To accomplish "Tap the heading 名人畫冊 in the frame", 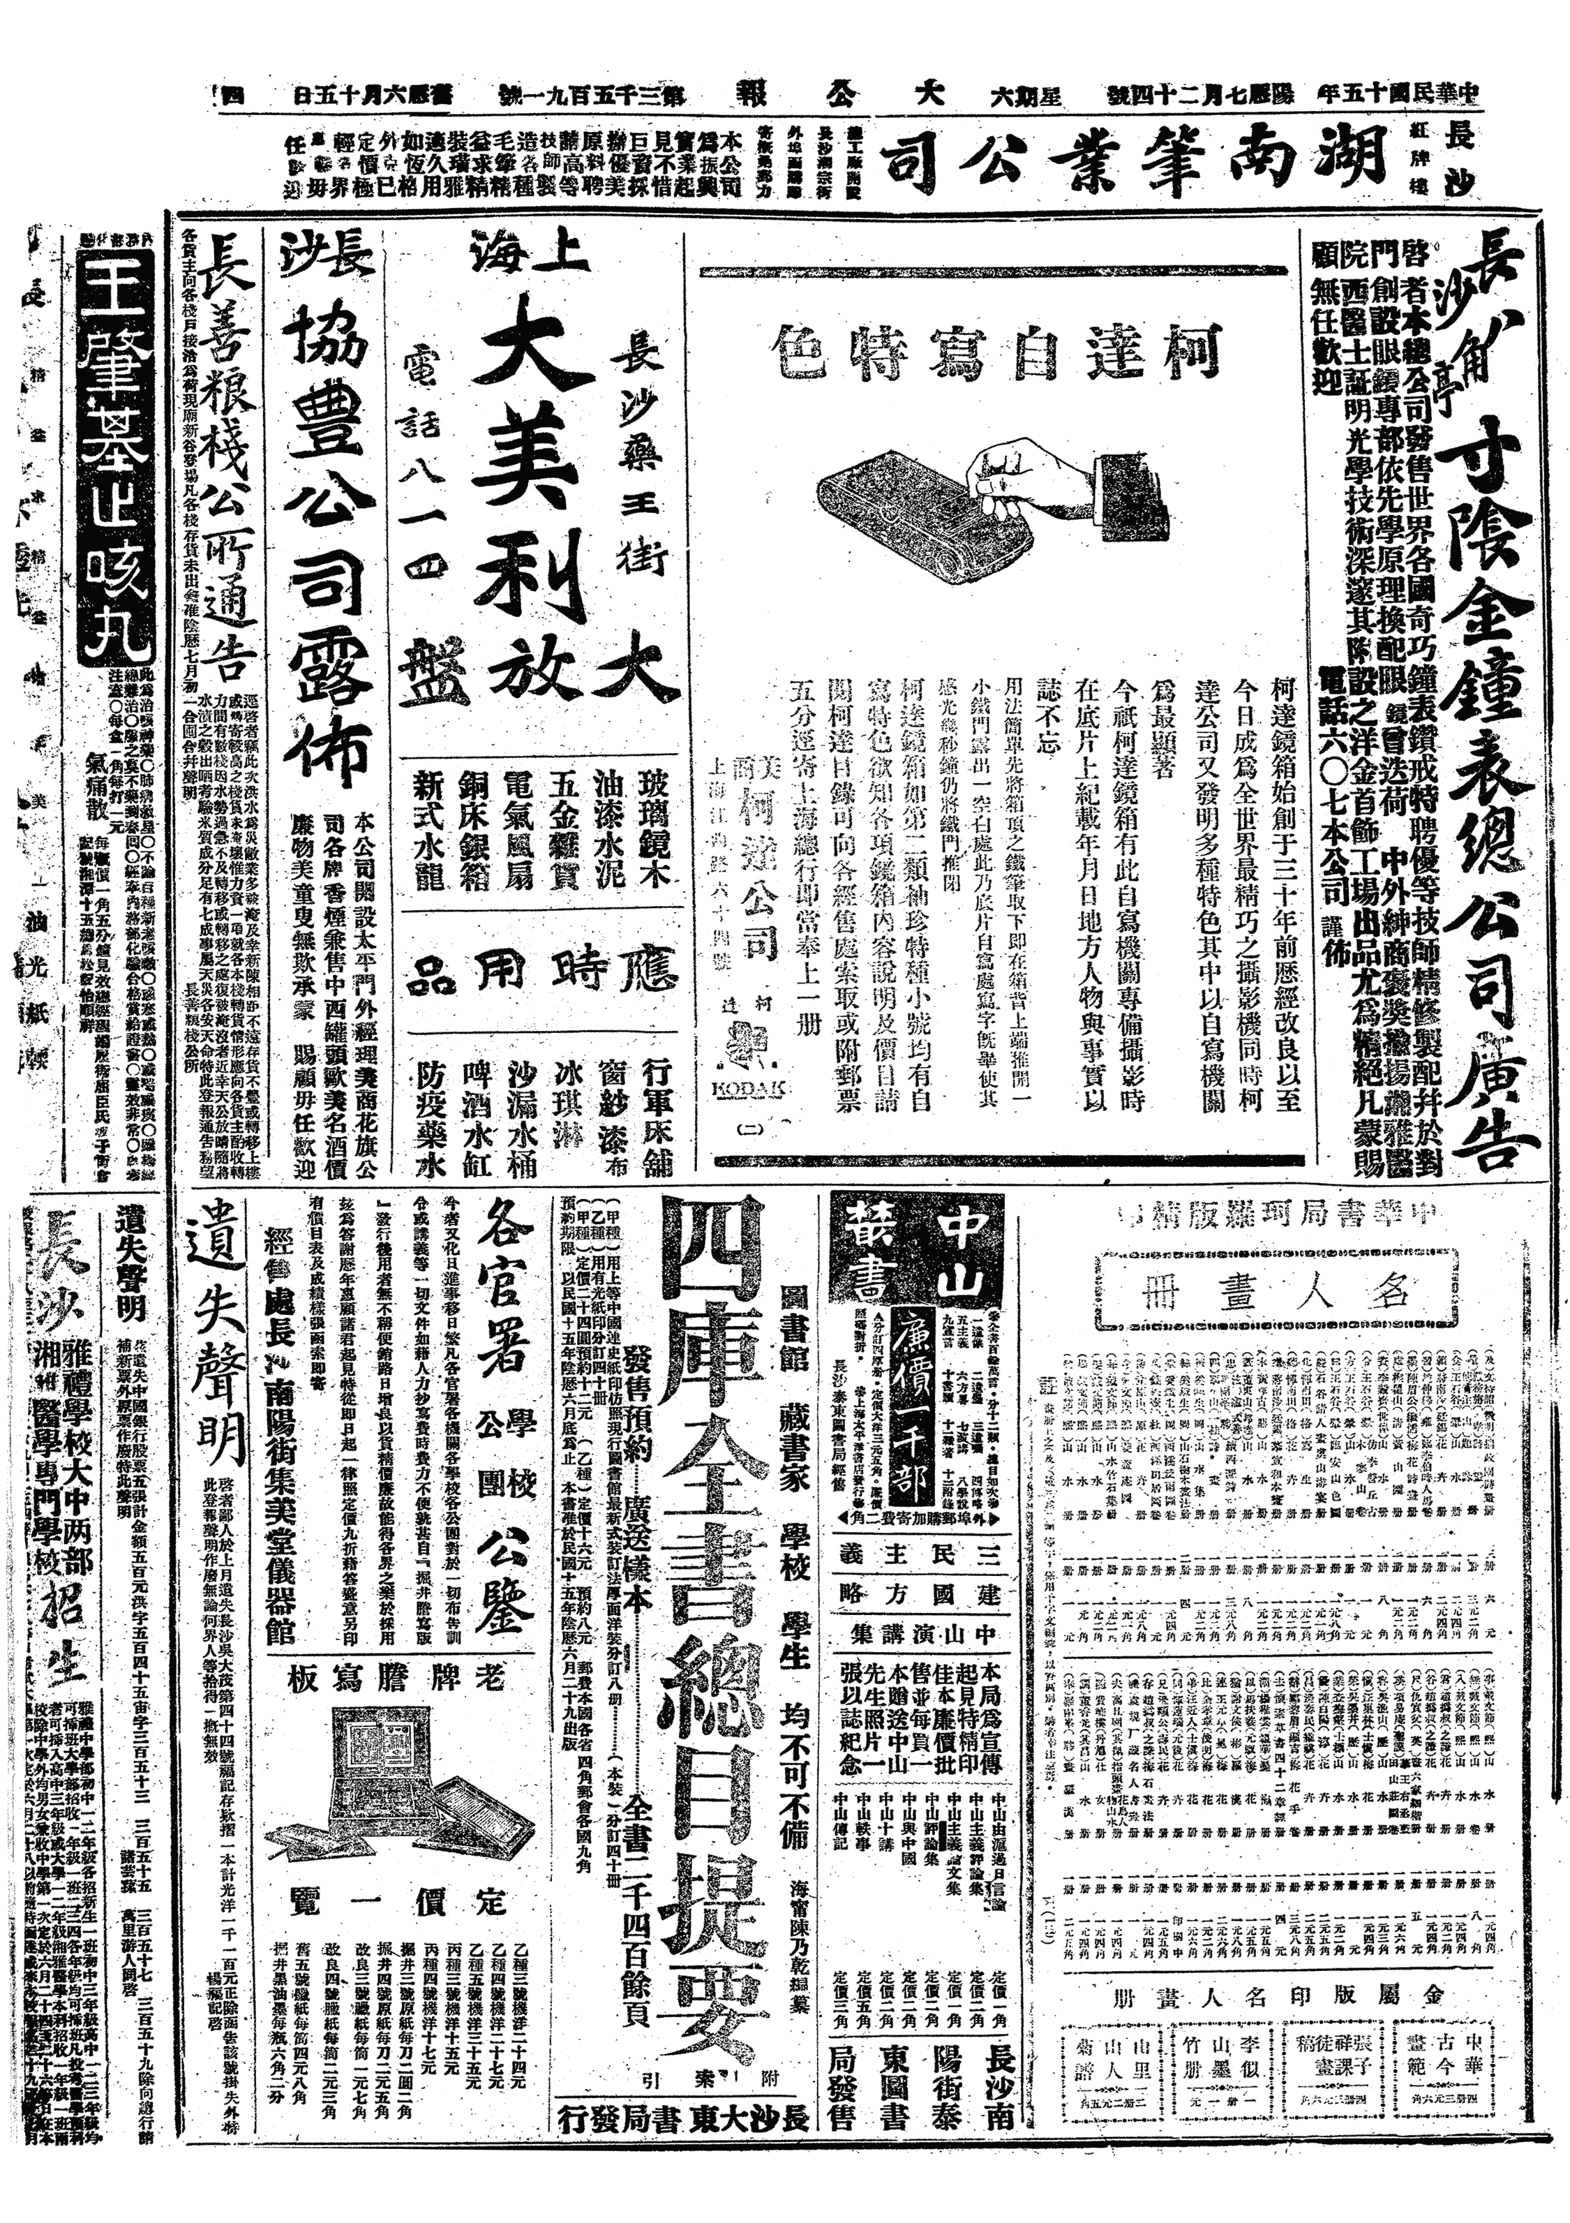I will tap(1283, 1293).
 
